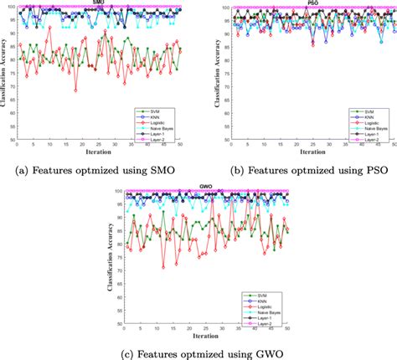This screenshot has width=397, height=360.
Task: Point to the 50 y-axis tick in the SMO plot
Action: pos(12,140)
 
